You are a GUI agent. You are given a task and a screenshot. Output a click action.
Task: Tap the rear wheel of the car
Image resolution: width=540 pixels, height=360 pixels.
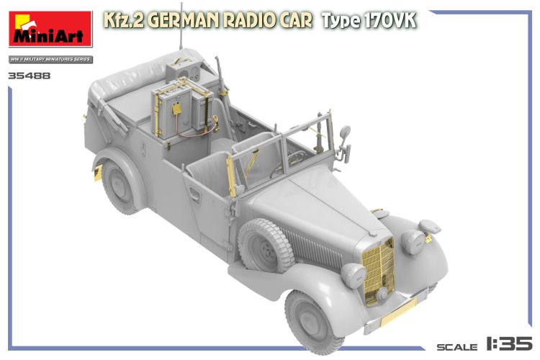pyautogui.click(x=119, y=185)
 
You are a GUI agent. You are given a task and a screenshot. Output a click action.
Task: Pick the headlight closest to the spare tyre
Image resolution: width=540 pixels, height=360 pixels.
pyautogui.click(x=354, y=274)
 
